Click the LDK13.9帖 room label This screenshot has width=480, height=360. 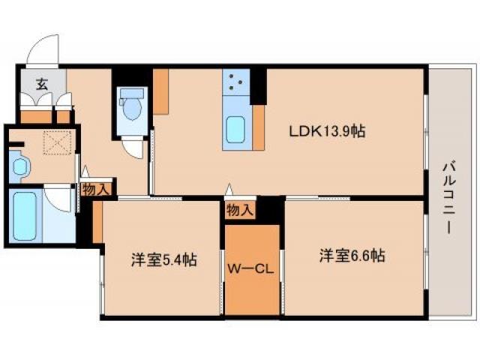click(x=328, y=131)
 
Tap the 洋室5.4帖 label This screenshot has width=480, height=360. click(x=164, y=260)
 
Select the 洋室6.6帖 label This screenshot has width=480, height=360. click(x=352, y=256)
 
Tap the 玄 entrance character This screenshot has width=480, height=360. click(x=34, y=82)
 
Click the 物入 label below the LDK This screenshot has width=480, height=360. click(x=240, y=210)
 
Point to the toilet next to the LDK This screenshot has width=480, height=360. click(x=133, y=107)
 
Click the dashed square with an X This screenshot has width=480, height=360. click(x=55, y=142)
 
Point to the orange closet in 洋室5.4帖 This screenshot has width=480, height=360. click(x=97, y=222)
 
